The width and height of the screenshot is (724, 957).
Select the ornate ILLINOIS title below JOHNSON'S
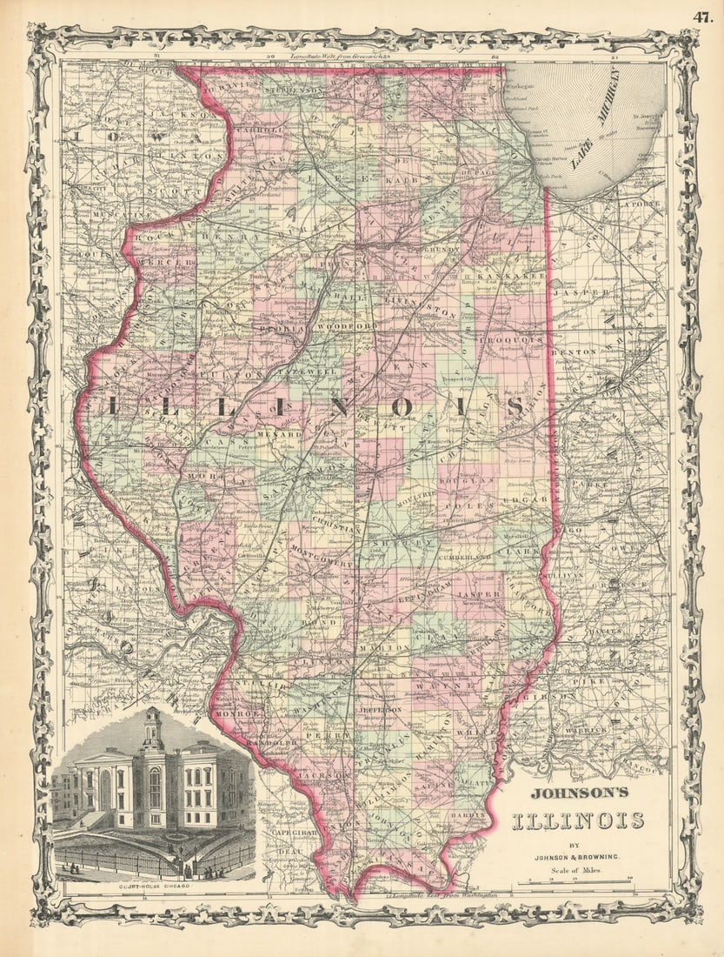click(x=577, y=820)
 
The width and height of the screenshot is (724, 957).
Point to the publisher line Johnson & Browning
click(x=577, y=855)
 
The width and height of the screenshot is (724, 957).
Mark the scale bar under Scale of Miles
click(x=580, y=882)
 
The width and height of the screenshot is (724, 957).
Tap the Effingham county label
click(x=422, y=598)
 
